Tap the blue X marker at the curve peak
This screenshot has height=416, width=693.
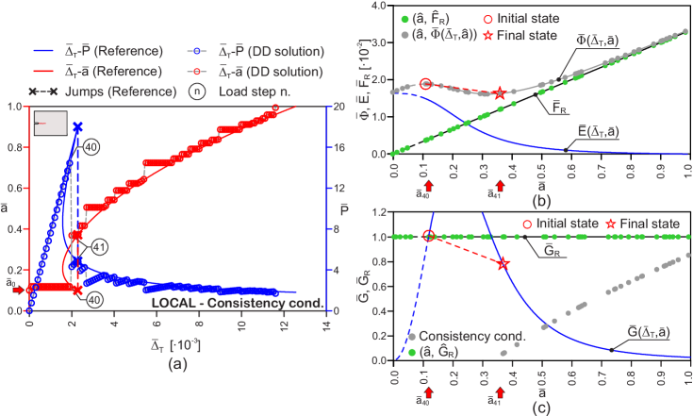tap(78, 126)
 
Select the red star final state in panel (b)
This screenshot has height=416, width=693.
tap(499, 93)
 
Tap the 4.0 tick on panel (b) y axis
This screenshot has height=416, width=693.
tap(380, 6)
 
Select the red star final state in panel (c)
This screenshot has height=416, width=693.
tap(503, 264)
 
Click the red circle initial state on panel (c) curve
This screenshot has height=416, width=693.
tap(428, 237)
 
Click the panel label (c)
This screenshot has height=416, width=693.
tap(540, 408)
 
